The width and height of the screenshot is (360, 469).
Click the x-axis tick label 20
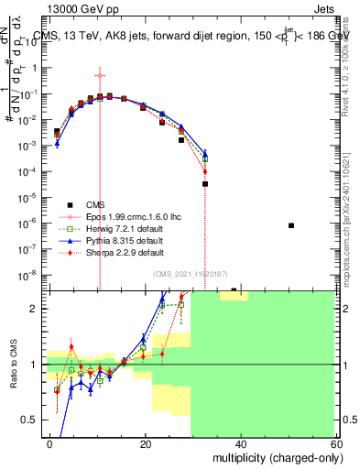click(x=146, y=442)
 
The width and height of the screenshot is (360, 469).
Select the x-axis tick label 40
click(x=240, y=442)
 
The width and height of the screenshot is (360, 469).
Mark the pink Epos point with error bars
click(x=99, y=75)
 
